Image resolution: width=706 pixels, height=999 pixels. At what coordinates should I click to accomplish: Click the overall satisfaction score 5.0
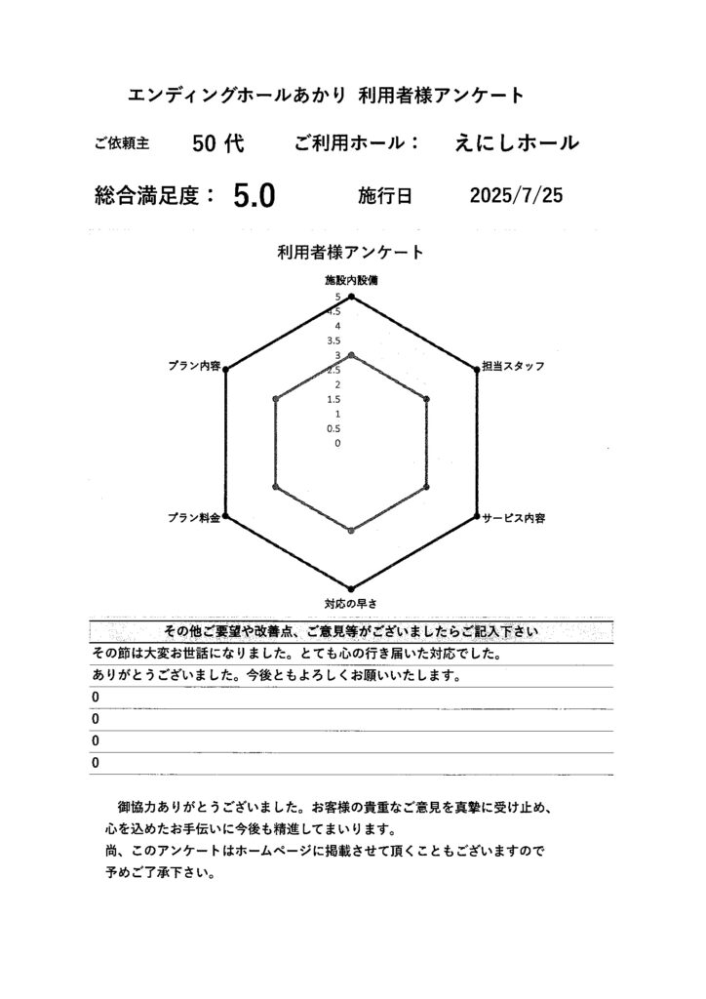pos(255,197)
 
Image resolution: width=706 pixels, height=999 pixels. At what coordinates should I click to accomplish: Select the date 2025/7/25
pos(516,196)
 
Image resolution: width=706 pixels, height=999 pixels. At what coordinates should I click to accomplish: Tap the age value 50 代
pos(217,143)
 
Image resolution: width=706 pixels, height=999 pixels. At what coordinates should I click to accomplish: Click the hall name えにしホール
pos(516,143)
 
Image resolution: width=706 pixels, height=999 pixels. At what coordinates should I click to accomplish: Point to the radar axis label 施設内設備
pos(351,280)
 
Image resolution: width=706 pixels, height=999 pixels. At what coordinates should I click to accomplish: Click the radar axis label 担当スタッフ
pos(513,366)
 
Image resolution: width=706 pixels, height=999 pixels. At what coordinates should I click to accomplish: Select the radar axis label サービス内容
pos(513,517)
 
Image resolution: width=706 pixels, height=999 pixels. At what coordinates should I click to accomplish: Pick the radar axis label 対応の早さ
pos(351,603)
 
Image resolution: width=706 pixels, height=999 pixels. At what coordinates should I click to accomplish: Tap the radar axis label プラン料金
pos(193,517)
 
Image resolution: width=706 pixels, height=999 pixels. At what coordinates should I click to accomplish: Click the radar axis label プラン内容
pos(194,366)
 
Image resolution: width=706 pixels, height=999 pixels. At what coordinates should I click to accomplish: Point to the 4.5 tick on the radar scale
pos(334,311)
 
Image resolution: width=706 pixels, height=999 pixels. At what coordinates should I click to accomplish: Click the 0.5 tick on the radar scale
pos(334,428)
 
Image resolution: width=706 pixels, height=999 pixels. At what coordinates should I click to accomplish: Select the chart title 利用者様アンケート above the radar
pos(350,253)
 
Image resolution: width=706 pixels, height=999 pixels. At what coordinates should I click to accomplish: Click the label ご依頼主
pos(122,144)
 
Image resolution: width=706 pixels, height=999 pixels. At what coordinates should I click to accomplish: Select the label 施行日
pos(385,197)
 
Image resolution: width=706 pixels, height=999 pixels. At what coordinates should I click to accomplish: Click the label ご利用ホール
pos(356,143)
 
